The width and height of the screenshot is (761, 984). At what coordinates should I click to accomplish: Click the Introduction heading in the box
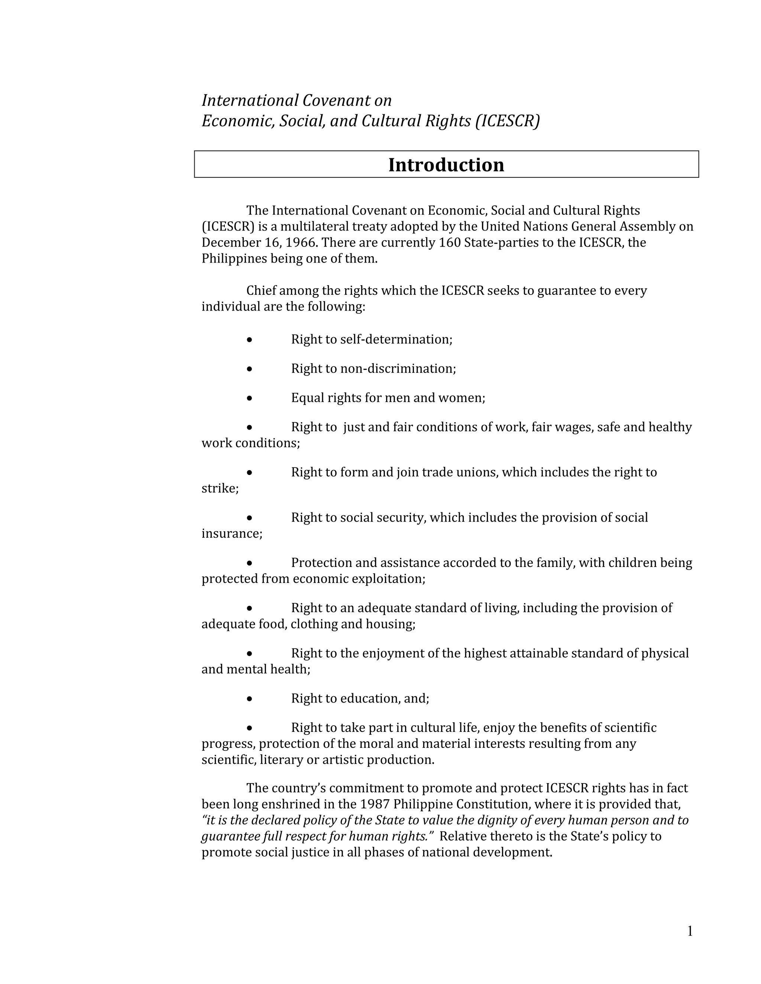coord(446,165)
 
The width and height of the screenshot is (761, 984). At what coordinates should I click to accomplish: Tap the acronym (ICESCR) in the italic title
coord(507,121)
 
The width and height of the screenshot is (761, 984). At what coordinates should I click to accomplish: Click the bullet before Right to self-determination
coord(249,340)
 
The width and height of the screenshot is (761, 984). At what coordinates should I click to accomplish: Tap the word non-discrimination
coord(397,369)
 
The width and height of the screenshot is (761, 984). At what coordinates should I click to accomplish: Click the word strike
coord(219,488)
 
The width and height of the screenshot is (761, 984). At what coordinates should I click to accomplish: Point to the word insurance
coord(231,534)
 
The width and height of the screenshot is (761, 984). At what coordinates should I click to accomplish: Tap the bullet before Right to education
coord(249,699)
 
